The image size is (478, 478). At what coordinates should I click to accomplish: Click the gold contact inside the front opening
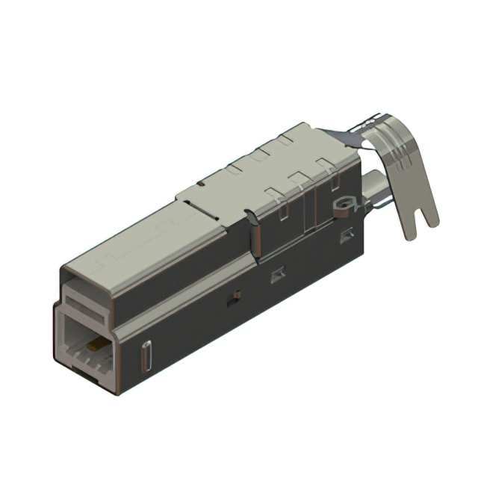[95, 346]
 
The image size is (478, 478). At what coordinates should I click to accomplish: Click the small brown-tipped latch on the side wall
[235, 296]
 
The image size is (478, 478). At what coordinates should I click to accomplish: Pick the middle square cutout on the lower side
[278, 275]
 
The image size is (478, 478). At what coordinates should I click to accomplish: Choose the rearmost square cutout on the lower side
[346, 237]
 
